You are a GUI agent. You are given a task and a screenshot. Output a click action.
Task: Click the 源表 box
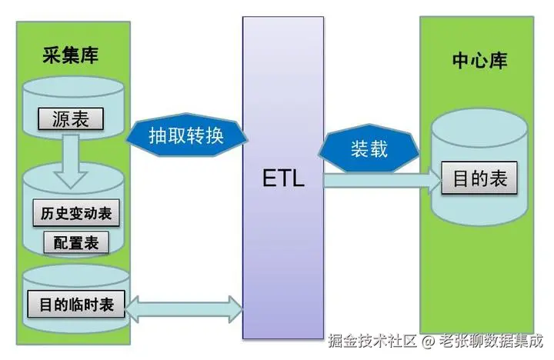[x=70, y=119]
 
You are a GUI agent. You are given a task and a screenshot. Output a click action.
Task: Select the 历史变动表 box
[x=72, y=213]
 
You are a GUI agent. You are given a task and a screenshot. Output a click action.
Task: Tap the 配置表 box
[x=76, y=243]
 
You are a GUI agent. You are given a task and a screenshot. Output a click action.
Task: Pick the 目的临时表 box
[x=76, y=304]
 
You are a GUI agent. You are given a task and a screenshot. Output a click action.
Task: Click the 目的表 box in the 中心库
[x=479, y=179]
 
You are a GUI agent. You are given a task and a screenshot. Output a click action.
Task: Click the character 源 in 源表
[x=61, y=119]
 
